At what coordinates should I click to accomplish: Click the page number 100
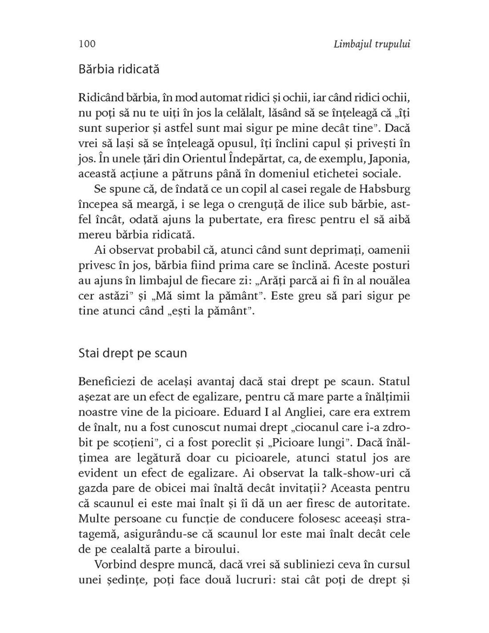87,44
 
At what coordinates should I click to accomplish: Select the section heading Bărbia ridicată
119,69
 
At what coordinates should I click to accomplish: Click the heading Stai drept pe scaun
132,353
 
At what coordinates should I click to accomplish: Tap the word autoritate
381,503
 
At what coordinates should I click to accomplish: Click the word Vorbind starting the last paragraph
114,564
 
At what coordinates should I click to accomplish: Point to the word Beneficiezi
110,381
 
